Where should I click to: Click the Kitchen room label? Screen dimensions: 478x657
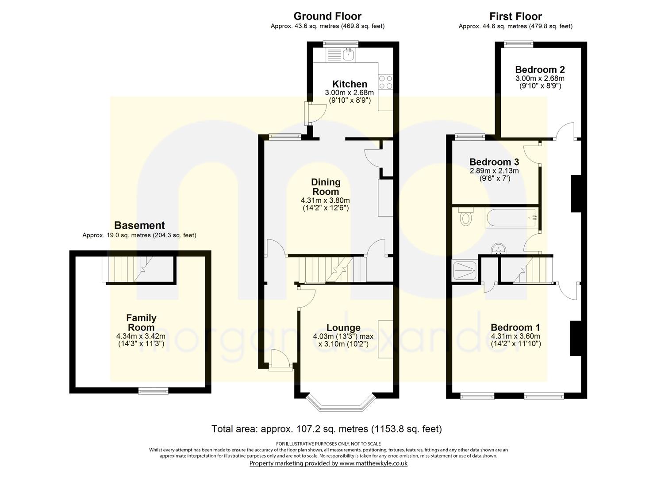[x=350, y=84]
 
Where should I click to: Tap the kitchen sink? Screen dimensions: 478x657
[x=348, y=55]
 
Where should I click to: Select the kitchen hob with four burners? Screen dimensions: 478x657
[x=385, y=82]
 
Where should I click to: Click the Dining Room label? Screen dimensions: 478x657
[x=326, y=186]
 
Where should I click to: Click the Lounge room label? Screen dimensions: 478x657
[x=343, y=328]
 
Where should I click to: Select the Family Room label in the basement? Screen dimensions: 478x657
[x=141, y=323]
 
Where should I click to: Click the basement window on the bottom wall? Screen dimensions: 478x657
[x=153, y=390]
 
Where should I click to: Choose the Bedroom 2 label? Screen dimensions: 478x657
[x=540, y=69]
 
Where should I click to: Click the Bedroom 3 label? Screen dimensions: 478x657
[x=494, y=162]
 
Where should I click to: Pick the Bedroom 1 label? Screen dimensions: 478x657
[x=515, y=328]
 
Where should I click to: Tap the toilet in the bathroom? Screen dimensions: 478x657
[x=466, y=217]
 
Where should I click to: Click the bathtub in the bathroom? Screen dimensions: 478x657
[x=511, y=218]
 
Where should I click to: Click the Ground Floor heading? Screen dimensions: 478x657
[x=327, y=16]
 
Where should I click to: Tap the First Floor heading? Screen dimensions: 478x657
[x=515, y=16]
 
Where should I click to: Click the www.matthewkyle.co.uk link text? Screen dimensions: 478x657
[x=373, y=463]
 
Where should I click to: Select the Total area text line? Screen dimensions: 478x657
[x=327, y=429]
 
